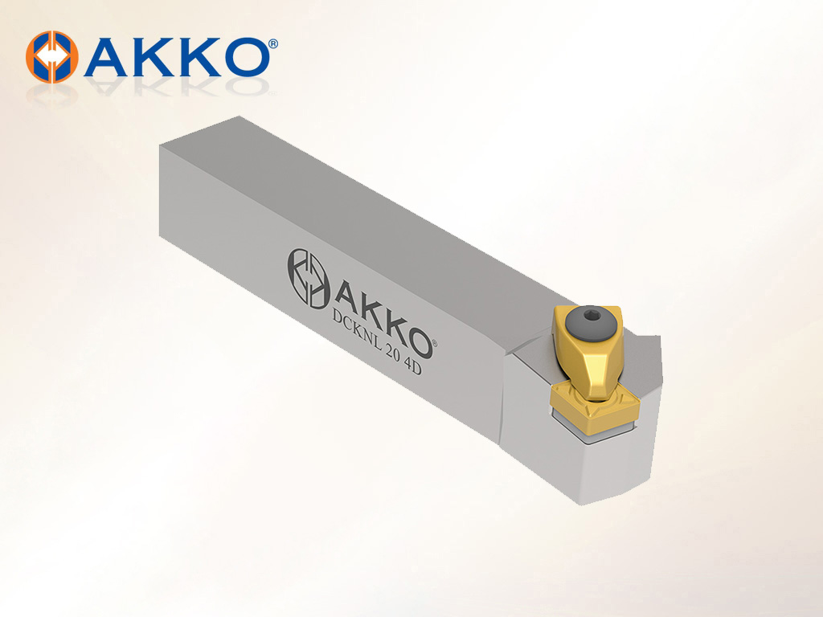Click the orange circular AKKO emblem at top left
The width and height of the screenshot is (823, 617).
pos(52,57)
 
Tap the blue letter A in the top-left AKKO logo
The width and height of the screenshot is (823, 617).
pos(107,57)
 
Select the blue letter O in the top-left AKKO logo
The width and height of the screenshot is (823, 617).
pos(244,57)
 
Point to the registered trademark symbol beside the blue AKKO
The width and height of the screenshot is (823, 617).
pos(273,44)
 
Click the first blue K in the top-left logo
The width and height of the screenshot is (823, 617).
pos(154,57)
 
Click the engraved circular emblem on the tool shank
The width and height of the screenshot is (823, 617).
pos(308,277)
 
